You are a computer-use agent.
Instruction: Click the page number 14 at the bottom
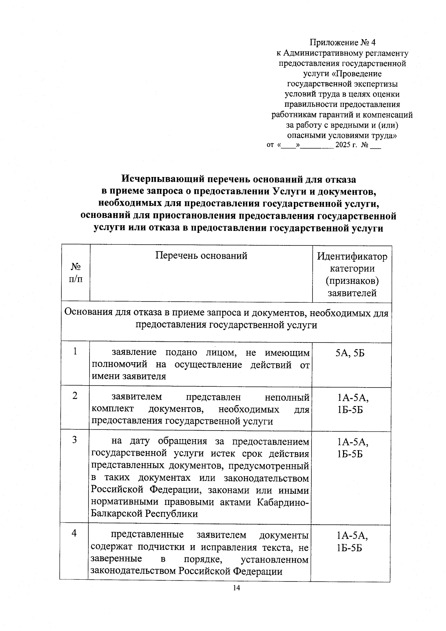[236, 588]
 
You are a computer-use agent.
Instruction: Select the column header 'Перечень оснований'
[201, 256]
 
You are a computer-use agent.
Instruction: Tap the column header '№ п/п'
[76, 273]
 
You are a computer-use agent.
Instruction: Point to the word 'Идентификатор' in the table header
[352, 257]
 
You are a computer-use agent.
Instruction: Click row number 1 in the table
[75, 351]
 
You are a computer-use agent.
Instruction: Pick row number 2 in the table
[75, 396]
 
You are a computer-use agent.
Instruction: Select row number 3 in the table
[75, 440]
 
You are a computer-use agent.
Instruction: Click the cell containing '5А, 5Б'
[350, 353]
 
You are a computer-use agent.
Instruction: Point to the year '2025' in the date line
[343, 145]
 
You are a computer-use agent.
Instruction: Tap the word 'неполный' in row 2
[287, 397]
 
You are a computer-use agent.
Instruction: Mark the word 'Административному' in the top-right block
[320, 53]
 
